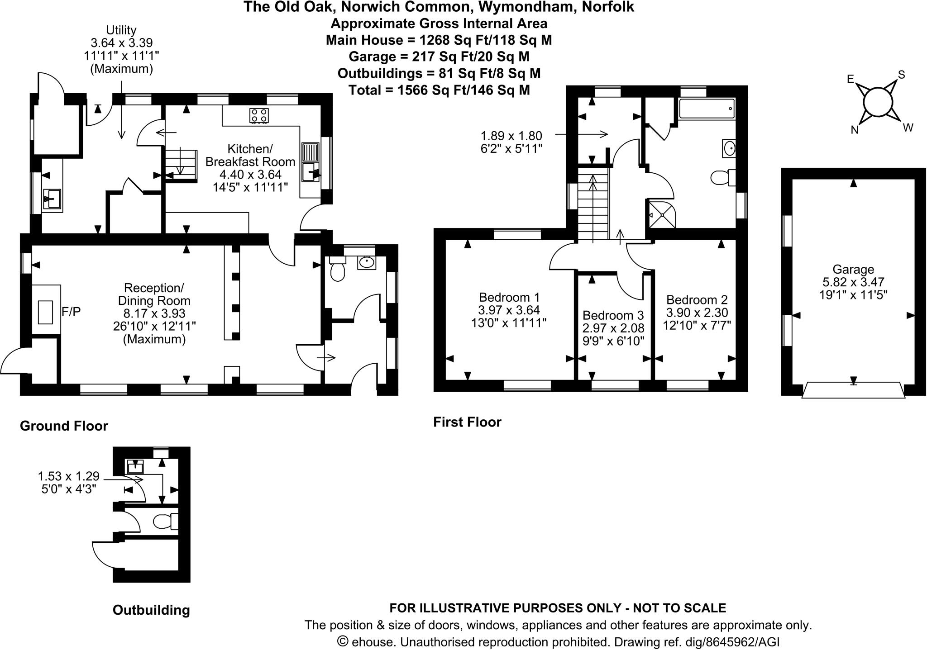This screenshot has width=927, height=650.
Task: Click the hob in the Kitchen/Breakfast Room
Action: tap(258, 115)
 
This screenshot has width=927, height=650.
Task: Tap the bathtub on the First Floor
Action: tap(706, 109)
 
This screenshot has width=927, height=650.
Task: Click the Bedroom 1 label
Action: tap(509, 298)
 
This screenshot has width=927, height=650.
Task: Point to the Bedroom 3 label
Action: tap(613, 315)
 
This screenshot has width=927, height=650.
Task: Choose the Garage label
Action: tap(853, 270)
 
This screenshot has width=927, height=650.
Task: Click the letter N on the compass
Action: tap(855, 130)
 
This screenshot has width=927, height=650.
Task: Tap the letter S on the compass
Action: tap(901, 75)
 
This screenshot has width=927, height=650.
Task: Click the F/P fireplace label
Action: tap(71, 312)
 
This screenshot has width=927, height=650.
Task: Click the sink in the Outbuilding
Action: tap(135, 466)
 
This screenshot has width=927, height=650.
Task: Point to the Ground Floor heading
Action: tap(64, 426)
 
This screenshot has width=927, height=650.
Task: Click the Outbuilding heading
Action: tap(151, 610)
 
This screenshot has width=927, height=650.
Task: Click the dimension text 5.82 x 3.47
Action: tap(853, 282)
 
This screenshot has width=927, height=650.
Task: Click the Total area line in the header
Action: tap(439, 90)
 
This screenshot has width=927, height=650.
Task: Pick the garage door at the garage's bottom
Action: tap(853, 390)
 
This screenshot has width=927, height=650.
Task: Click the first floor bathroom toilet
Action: tap(722, 177)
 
